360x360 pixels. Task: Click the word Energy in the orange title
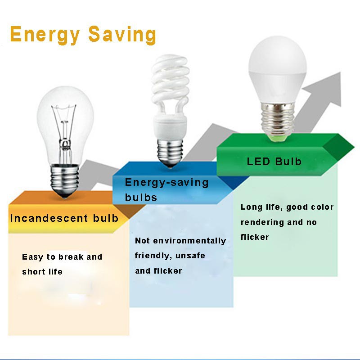coord(45,35)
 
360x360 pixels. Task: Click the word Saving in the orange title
coord(122,35)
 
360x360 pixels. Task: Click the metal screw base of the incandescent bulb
coord(64,181)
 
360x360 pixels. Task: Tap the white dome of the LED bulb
coord(278,69)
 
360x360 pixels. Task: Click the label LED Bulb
coord(274,162)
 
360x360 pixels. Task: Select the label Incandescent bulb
coord(64,218)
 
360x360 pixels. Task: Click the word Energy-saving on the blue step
coord(166,183)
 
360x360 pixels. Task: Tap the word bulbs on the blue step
coord(141,198)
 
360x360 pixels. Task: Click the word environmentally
coord(189,241)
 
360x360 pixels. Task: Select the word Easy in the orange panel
coord(32,257)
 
